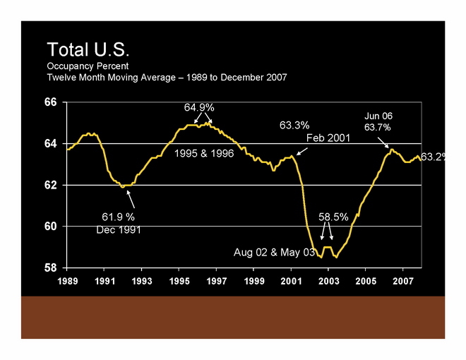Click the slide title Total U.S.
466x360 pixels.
click(x=89, y=51)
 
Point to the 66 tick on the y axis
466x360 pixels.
click(x=50, y=102)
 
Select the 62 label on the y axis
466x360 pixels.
click(x=50, y=186)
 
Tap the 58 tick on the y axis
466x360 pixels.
click(x=50, y=269)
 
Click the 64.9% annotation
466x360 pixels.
click(x=200, y=107)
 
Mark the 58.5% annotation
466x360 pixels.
click(x=333, y=217)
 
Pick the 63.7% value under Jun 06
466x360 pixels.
click(x=378, y=127)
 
